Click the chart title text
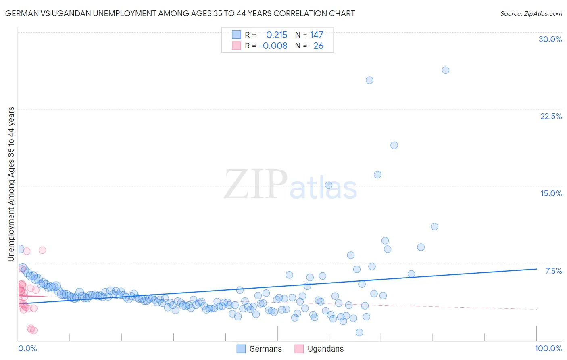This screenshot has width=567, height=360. pyautogui.click(x=180, y=13)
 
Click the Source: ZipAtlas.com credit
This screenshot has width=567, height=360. pyautogui.click(x=531, y=13)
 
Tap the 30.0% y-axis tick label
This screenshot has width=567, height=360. pyautogui.click(x=550, y=39)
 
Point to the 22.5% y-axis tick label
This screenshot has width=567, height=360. pyautogui.click(x=551, y=116)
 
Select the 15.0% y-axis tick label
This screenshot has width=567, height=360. pyautogui.click(x=551, y=193)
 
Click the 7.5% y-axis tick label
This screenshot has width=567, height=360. pyautogui.click(x=553, y=271)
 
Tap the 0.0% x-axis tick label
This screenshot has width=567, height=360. pyautogui.click(x=27, y=348)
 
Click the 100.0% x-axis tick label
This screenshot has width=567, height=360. pyautogui.click(x=548, y=348)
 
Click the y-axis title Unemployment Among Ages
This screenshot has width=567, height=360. pyautogui.click(x=11, y=184)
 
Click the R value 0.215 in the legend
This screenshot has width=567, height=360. pyautogui.click(x=277, y=35)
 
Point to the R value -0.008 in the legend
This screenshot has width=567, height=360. pyautogui.click(x=273, y=46)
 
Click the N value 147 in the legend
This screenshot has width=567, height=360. pyautogui.click(x=317, y=35)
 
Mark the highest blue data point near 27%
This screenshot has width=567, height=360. pyautogui.click(x=445, y=70)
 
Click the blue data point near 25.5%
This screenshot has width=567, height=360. pyautogui.click(x=369, y=80)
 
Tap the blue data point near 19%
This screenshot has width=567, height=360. pyautogui.click(x=394, y=145)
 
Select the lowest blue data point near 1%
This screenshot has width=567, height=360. pyautogui.click(x=359, y=333)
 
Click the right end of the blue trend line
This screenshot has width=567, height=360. pyautogui.click(x=536, y=269)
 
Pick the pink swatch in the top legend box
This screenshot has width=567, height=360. pyautogui.click(x=236, y=46)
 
